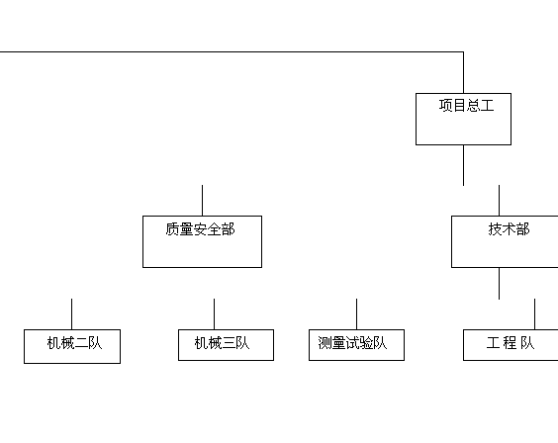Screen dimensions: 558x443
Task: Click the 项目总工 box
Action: [463, 119]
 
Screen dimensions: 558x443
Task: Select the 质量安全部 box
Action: [202, 241]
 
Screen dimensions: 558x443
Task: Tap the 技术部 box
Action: [505, 241]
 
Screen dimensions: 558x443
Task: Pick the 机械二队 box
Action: [72, 346]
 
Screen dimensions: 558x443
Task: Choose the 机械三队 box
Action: [226, 345]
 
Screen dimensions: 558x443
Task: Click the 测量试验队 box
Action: [356, 345]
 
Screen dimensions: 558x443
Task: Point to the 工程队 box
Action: [511, 345]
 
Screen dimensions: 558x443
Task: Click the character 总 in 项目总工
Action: [473, 106]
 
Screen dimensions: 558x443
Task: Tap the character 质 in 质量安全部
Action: [172, 229]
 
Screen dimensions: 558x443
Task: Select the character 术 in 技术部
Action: [509, 229]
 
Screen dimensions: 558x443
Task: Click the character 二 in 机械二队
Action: [81, 343]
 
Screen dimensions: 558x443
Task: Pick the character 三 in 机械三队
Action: [229, 343]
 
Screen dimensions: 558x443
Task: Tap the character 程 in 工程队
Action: [510, 343]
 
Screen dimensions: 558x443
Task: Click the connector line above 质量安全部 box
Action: [202, 200]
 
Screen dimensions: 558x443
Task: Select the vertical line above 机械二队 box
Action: [71, 313]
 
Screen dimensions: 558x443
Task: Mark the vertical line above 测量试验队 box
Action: [356, 313]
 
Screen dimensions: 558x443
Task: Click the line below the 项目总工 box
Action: [463, 165]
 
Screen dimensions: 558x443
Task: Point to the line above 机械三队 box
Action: [214, 313]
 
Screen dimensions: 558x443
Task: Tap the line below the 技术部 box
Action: [499, 284]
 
